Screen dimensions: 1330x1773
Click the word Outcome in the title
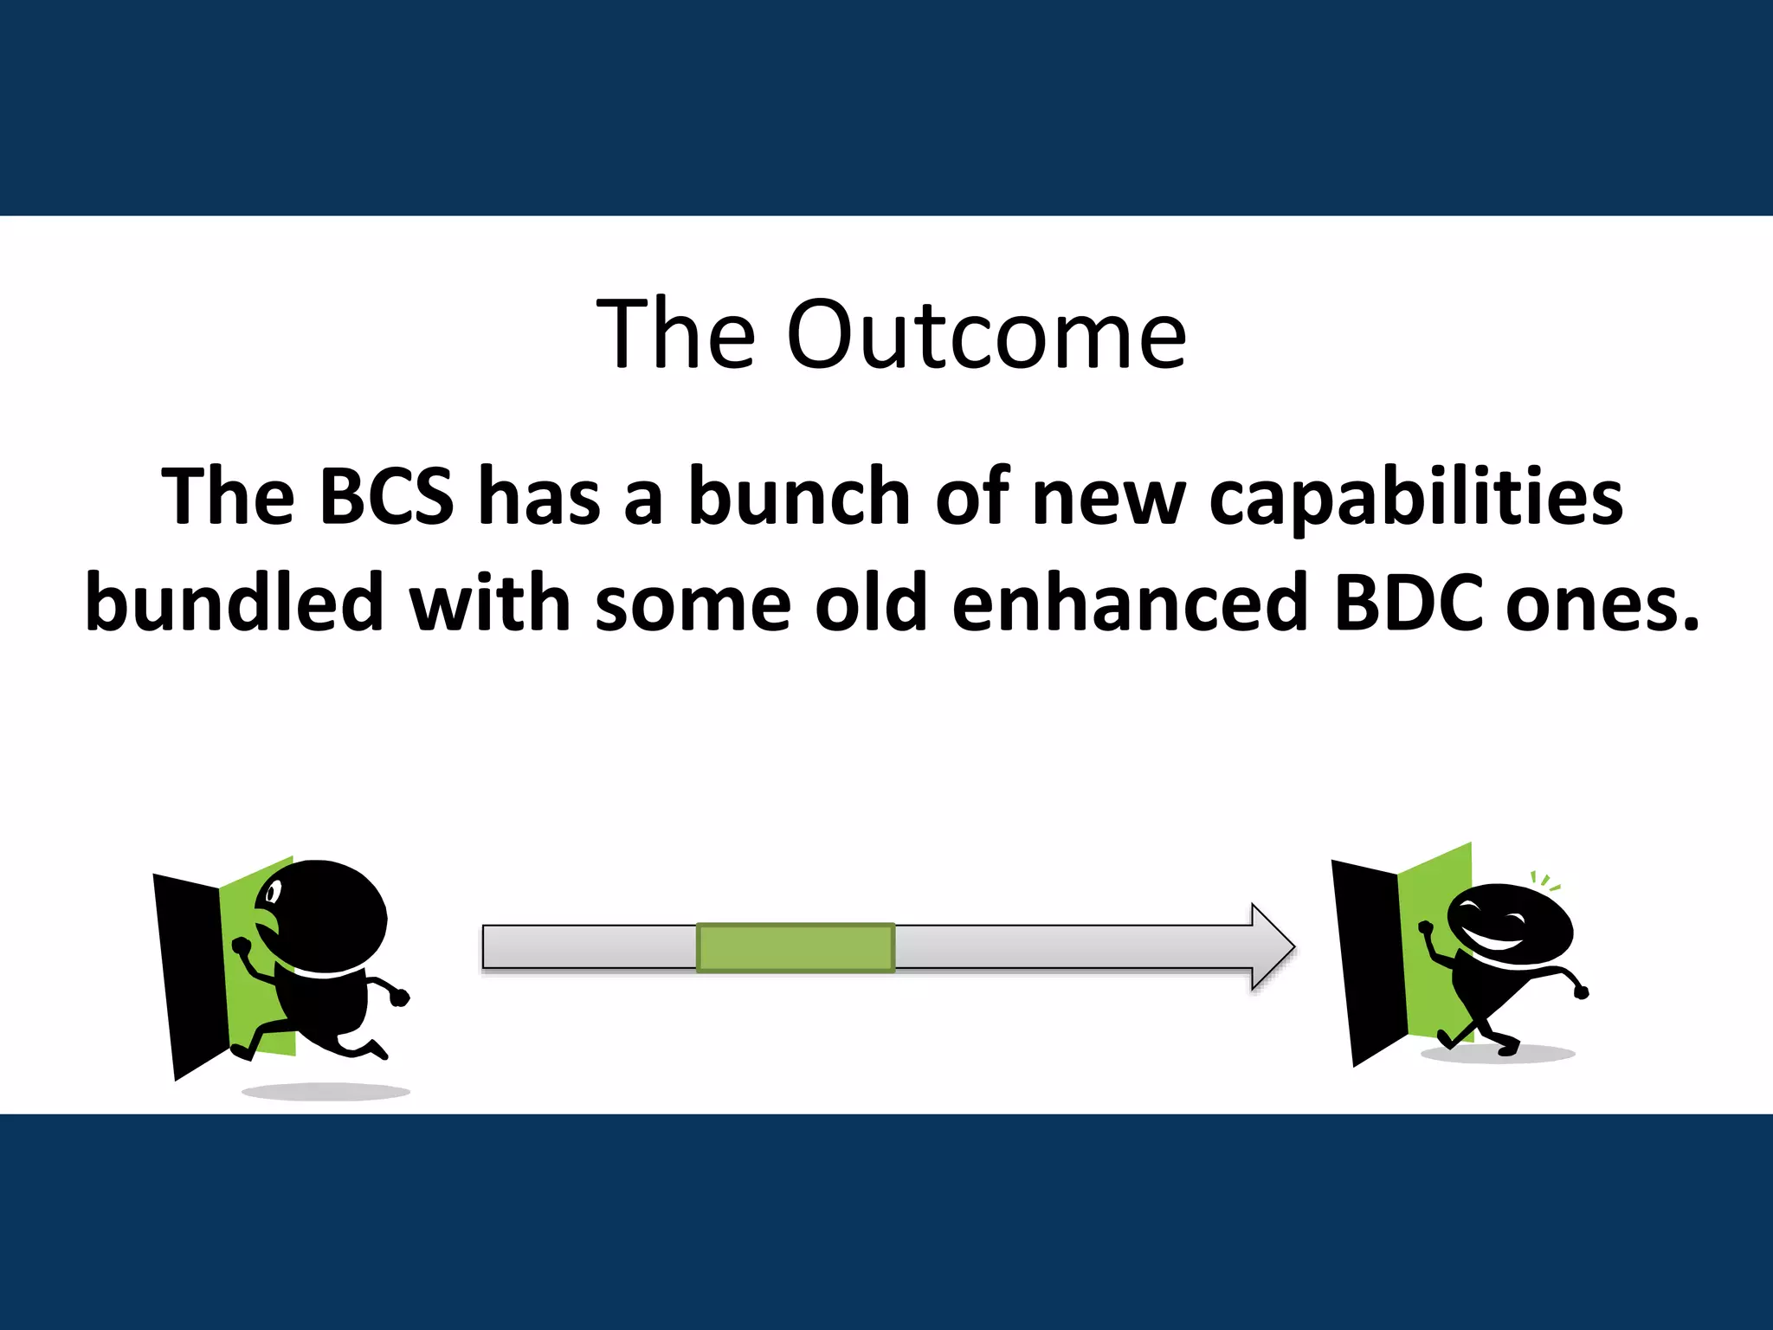tap(986, 334)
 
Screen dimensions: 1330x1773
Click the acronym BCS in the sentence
tap(386, 496)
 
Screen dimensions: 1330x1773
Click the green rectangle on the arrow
tap(796, 947)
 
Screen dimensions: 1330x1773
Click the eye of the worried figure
tap(274, 891)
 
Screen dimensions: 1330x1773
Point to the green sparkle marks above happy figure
tap(1544, 881)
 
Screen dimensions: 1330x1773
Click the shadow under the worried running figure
tap(325, 1091)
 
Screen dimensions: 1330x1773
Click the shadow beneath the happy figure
tap(1506, 1054)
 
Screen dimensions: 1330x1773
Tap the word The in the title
tap(675, 334)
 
